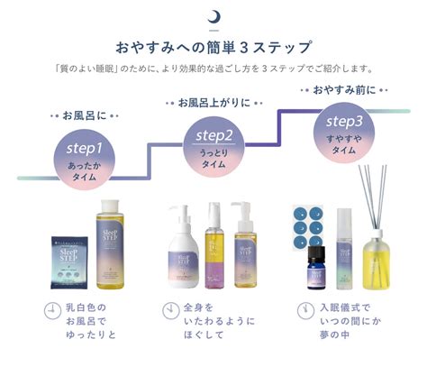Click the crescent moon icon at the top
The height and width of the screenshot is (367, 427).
pos(213,15)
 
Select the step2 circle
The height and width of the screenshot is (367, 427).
pos(213,143)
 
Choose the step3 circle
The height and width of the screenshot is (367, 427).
pos(344,130)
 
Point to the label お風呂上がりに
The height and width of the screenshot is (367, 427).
pos(213,103)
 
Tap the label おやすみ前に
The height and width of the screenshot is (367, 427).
pos(344,89)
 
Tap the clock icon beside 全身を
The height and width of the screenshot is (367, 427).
pos(171,311)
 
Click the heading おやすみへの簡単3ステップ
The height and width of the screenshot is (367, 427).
pos(213,46)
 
